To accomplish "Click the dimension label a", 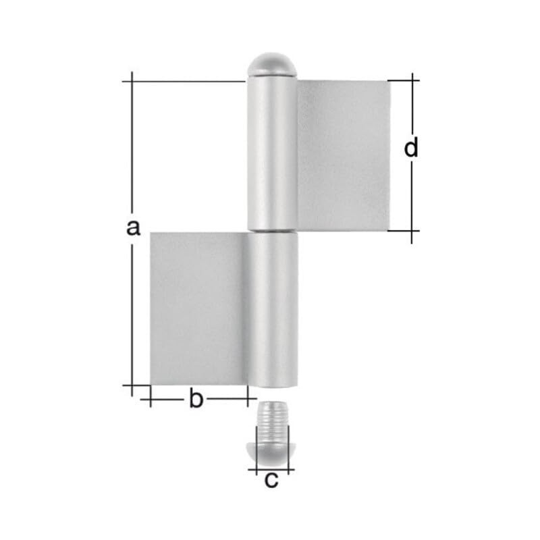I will click(133, 227).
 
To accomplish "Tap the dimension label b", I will click(195, 400).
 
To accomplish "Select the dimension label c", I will click(271, 480).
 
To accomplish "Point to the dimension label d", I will click(411, 147).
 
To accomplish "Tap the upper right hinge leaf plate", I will click(344, 155).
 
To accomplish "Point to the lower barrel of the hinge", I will click(272, 310).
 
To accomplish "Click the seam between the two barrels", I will click(272, 232).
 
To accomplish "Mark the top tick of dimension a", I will click(132, 81).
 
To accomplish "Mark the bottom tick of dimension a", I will click(132, 385).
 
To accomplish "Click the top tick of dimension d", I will click(411, 80).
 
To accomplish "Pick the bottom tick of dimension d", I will click(411, 231).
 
